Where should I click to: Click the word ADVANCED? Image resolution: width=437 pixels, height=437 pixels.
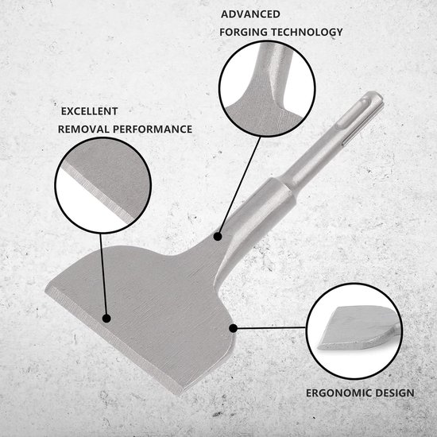250,14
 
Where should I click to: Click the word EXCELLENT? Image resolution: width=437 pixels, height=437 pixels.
90,111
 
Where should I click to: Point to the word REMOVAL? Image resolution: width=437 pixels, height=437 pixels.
83,130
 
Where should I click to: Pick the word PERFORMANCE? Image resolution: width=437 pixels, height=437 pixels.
153,130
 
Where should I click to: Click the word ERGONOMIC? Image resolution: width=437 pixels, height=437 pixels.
338,393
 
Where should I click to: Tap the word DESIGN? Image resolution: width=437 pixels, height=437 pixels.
395,393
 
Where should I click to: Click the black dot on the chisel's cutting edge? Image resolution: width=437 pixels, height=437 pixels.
106,319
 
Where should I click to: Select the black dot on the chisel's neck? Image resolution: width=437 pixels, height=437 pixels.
218,237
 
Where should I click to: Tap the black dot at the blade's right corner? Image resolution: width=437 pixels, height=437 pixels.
234,328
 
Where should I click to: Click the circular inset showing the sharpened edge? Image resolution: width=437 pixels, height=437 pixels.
102,185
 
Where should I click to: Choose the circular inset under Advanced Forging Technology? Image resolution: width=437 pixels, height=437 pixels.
267,89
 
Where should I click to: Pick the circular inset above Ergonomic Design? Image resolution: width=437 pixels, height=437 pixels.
354,331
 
